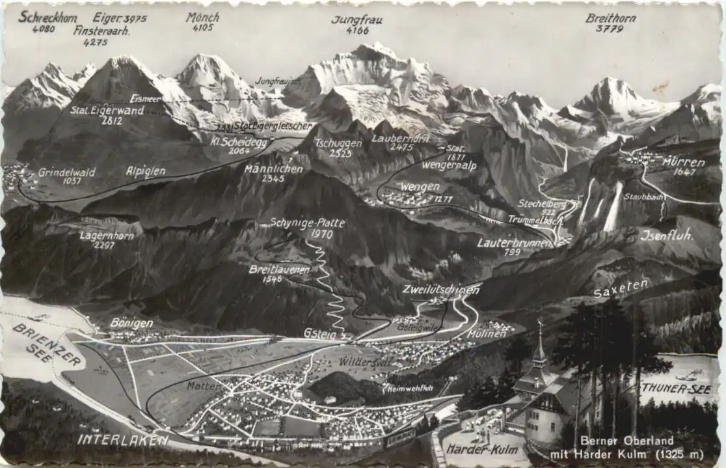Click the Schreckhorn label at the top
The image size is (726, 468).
[x=47, y=16]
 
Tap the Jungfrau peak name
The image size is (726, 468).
[x=356, y=20]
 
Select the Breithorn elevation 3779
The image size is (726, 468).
[x=610, y=29]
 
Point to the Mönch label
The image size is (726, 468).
[x=202, y=18]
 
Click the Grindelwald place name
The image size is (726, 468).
[x=66, y=172]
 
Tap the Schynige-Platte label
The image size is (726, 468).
[x=307, y=223]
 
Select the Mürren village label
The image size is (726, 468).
[x=684, y=161]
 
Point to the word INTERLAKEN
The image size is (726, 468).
[x=123, y=439]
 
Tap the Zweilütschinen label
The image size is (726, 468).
[x=440, y=290]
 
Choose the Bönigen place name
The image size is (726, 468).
[x=131, y=323]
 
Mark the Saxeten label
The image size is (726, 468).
[x=621, y=288]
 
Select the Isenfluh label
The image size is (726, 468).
[x=667, y=235]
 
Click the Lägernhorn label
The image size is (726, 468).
[x=107, y=236]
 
